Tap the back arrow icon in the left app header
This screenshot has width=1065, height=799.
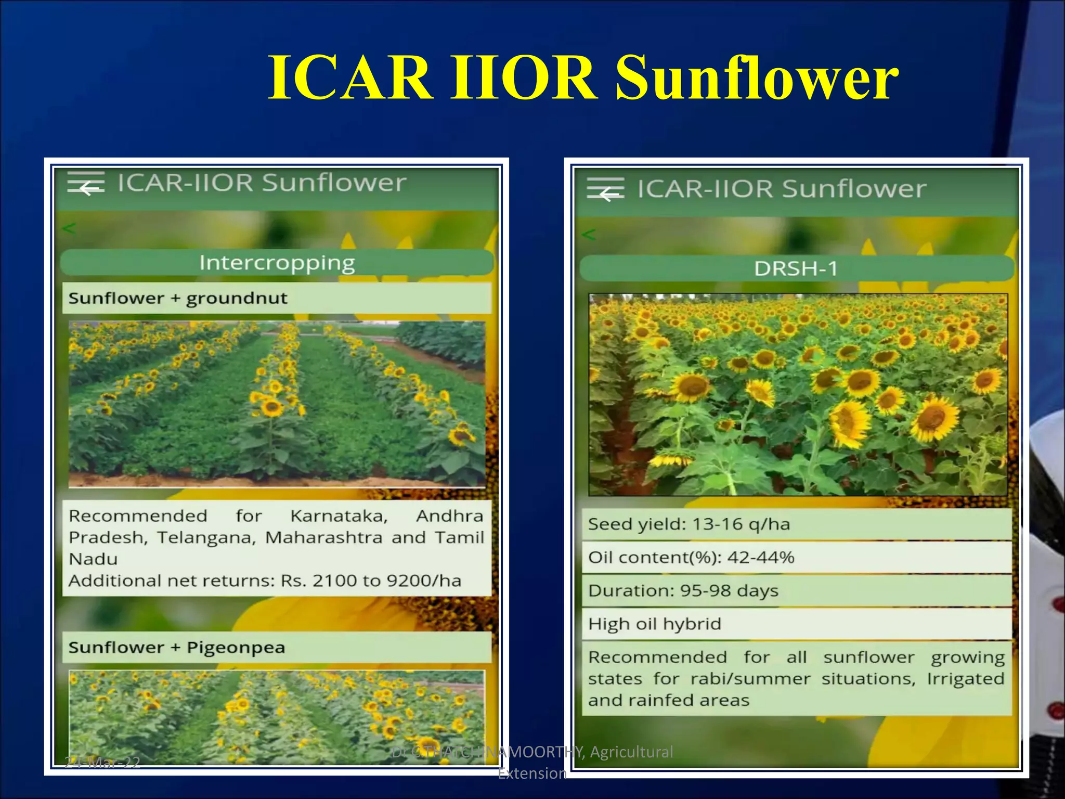tap(88, 188)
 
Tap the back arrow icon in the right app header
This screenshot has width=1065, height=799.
tap(609, 194)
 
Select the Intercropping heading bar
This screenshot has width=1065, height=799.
tap(277, 263)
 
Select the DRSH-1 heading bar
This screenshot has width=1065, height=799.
tap(796, 268)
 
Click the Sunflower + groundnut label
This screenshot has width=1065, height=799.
tap(178, 299)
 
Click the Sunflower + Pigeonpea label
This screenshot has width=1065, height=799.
tap(177, 648)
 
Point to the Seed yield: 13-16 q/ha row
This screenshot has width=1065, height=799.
tap(689, 524)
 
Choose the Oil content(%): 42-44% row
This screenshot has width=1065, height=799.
tap(691, 558)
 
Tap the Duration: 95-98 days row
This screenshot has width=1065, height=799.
tap(683, 591)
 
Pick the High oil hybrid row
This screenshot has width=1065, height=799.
tap(655, 624)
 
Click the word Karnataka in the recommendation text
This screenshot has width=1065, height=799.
tap(339, 516)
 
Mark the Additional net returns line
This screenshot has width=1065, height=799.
tap(265, 581)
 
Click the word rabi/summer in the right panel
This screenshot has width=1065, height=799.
tap(750, 679)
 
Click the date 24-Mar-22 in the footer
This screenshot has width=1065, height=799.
tap(102, 763)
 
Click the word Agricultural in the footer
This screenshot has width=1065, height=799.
tap(631, 752)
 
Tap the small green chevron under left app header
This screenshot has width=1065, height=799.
tap(69, 228)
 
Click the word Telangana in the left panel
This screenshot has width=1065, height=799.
tap(206, 537)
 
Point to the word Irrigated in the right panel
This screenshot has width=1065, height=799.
tap(965, 679)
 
